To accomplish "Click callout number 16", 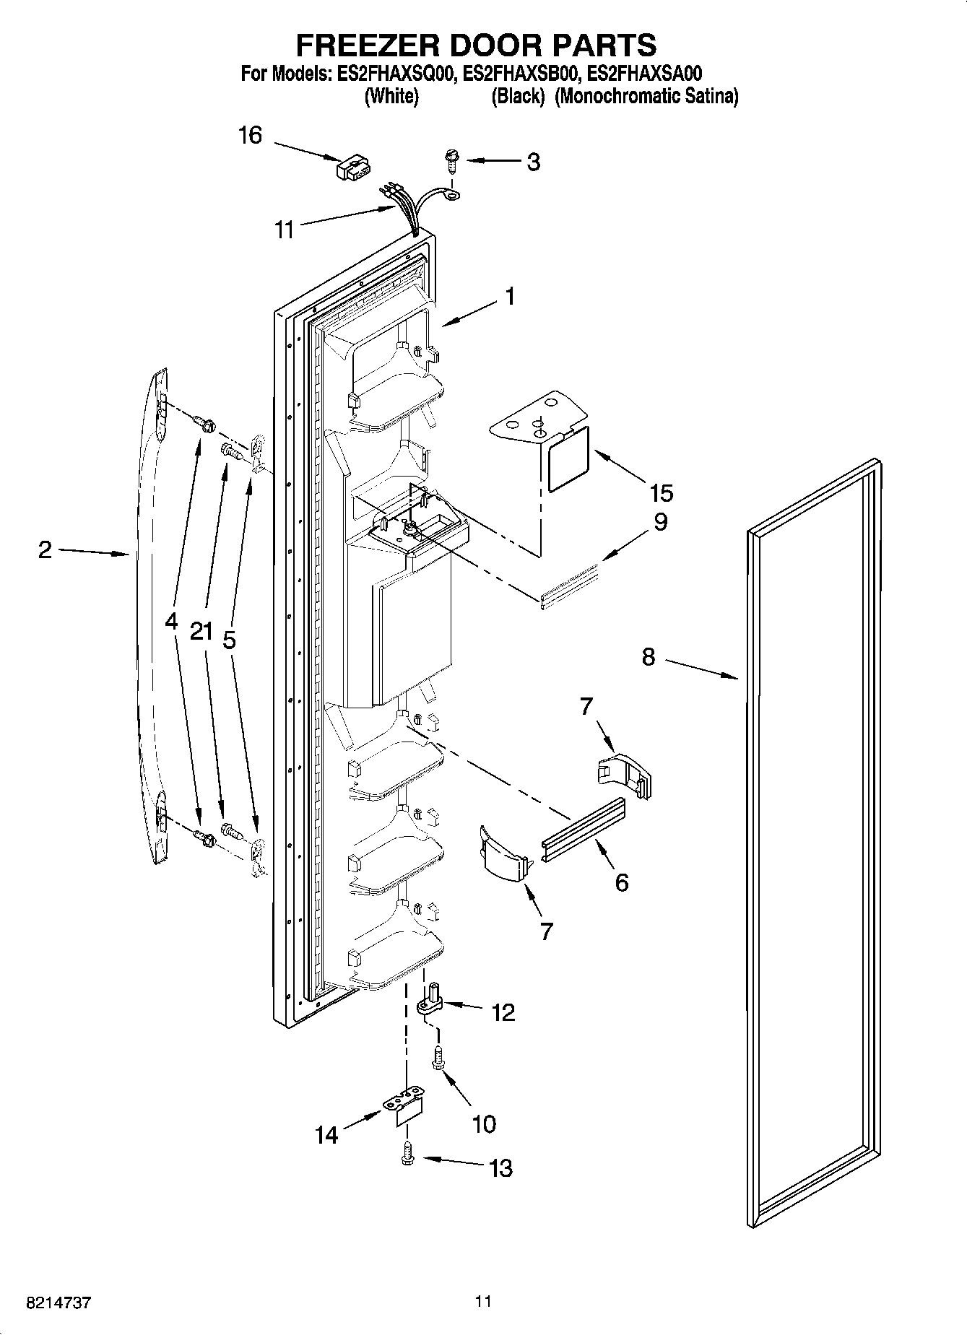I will [250, 135].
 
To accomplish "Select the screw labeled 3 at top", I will [453, 160].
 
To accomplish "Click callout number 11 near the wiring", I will [285, 230].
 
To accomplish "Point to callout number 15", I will [661, 493].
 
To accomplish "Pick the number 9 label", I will [660, 521].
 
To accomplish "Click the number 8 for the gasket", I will [648, 657].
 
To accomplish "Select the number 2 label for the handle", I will [45, 551].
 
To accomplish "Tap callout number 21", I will [201, 632].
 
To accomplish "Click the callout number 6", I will [621, 882].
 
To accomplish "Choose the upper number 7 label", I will [586, 706].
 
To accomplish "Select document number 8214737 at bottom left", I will [58, 1303].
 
